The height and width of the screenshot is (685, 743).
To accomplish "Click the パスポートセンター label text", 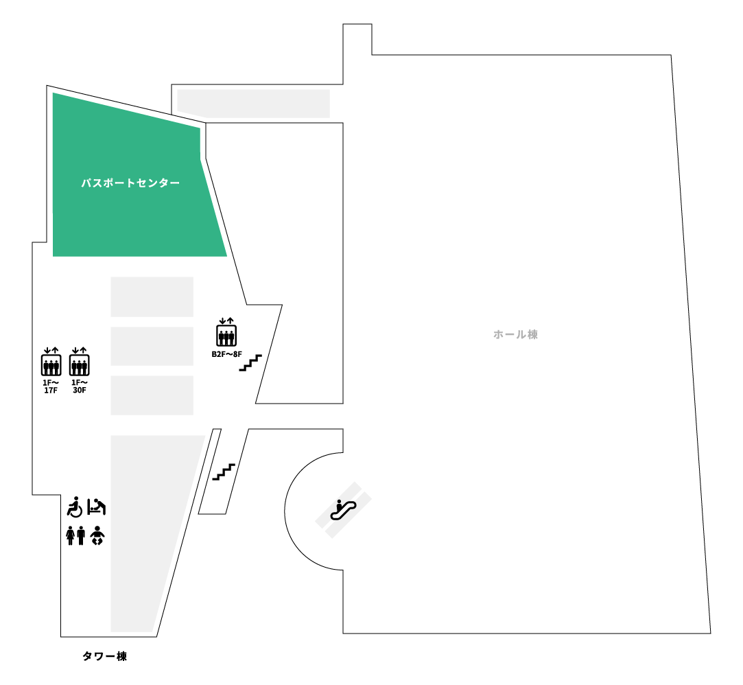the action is [x=130, y=183].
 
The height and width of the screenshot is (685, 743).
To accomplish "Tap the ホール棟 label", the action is [x=515, y=334].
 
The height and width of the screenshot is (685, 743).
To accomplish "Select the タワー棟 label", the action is [x=105, y=656].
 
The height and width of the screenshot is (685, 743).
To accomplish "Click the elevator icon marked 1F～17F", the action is [x=51, y=362].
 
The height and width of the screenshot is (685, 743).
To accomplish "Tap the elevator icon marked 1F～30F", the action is [x=80, y=362].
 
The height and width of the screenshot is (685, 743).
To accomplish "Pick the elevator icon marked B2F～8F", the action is [x=226, y=332].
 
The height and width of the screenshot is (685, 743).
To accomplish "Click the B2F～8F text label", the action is [x=226, y=354].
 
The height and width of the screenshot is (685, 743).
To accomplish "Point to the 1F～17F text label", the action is [x=51, y=386].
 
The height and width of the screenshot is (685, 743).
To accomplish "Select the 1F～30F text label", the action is [x=79, y=386].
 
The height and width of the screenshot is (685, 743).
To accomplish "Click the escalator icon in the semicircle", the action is [x=343, y=509].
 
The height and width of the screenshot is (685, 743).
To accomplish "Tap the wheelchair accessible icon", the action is [x=75, y=507].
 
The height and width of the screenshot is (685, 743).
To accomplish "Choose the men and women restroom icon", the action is [x=76, y=535].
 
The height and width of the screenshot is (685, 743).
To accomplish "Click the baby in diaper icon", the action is [x=97, y=535].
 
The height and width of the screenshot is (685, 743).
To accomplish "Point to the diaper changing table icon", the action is [x=97, y=507].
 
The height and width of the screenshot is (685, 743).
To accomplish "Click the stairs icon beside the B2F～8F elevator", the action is [x=250, y=362].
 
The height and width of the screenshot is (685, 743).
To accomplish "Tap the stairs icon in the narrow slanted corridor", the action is [x=224, y=472].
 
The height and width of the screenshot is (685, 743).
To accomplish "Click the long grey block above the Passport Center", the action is [x=254, y=104].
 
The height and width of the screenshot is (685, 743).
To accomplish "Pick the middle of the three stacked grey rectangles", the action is [x=152, y=346].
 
